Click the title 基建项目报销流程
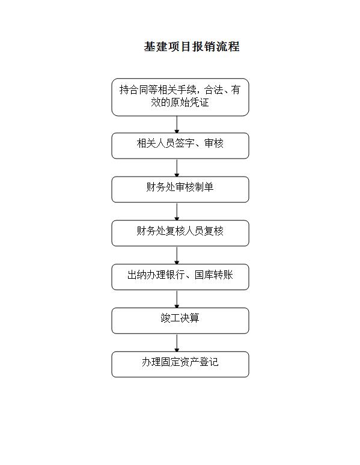tap(192, 47)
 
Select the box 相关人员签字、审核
tap(180, 145)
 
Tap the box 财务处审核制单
tap(180, 189)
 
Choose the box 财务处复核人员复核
tap(180, 233)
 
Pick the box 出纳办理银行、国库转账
tap(180, 277)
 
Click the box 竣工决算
tap(180, 321)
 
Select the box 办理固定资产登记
tap(180, 365)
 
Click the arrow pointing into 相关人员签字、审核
tap(177, 124)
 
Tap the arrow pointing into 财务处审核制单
tap(177, 168)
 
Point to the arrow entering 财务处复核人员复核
tap(177, 211)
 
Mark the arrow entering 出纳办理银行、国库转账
tap(177, 255)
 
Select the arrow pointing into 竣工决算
tap(177, 299)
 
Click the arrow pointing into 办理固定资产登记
tap(177, 343)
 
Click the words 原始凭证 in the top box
tap(189, 102)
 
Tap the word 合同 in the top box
tap(139, 90)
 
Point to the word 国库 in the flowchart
tap(204, 275)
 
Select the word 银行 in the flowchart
tap(175, 275)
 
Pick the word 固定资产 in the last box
tap(170, 362)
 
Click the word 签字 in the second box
tap(185, 143)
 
